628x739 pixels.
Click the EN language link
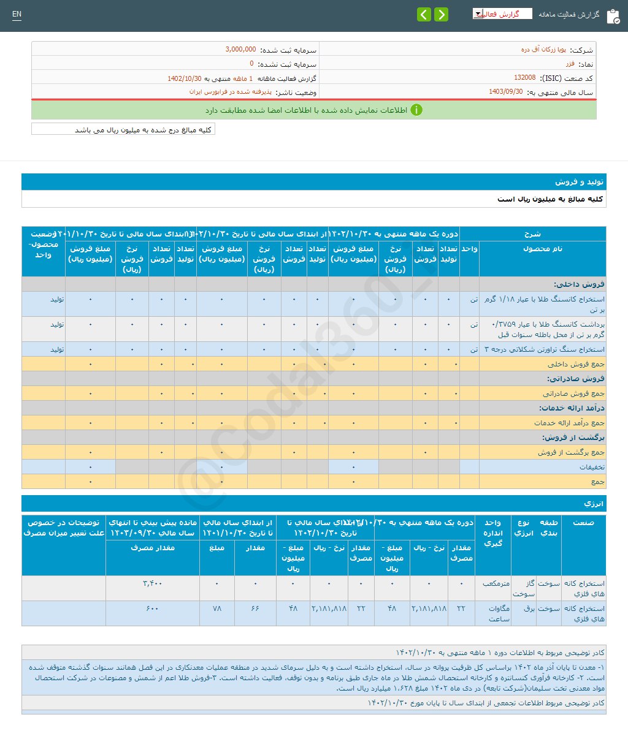click(17, 14)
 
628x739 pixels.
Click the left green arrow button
click(424, 15)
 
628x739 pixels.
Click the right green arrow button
click(441, 15)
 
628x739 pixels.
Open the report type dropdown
click(502, 14)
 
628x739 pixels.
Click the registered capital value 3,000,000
click(240, 50)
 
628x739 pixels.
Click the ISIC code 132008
click(524, 78)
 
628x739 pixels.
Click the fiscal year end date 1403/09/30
click(506, 92)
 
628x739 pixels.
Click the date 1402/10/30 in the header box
click(185, 78)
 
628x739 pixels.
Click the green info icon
click(416, 110)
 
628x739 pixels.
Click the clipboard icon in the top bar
click(613, 17)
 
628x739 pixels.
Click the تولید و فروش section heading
click(580, 182)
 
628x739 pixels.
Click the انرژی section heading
click(594, 504)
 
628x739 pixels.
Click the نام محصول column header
click(542, 249)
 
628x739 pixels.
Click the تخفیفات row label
click(592, 467)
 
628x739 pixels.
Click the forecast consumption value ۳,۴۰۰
click(153, 583)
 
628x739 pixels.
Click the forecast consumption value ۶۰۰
click(153, 608)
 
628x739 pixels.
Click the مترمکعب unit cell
click(496, 583)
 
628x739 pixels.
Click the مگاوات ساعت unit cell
click(499, 613)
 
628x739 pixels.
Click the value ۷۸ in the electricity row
click(216, 608)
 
